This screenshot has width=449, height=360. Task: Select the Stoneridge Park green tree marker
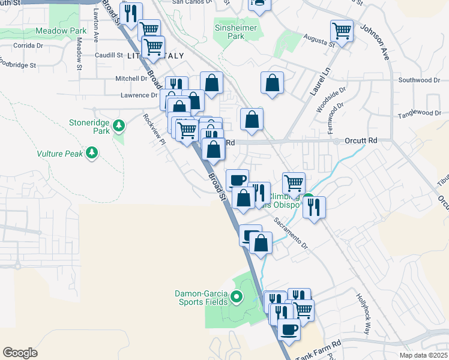click(119, 125)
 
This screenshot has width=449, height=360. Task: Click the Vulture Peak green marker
click(92, 154)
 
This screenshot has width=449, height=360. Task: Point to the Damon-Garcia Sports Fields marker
click(237, 296)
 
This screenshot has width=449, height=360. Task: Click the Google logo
click(20, 352)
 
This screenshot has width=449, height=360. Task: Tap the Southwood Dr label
click(420, 80)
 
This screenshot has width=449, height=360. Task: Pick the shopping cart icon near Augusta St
click(342, 30)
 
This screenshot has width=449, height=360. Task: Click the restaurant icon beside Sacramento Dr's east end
click(314, 206)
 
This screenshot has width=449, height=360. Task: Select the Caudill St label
click(108, 55)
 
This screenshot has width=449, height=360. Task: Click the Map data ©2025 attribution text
click(423, 355)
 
